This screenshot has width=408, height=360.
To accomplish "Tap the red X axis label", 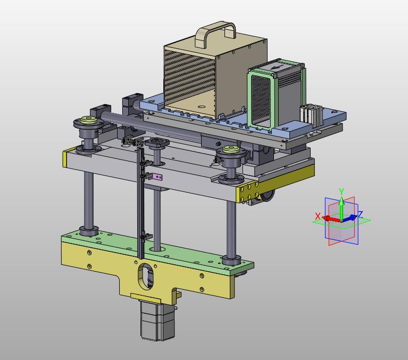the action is click(x=318, y=216).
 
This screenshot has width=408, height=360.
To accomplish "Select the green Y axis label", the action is click(x=342, y=192).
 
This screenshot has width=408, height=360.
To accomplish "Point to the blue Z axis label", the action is click(x=360, y=215).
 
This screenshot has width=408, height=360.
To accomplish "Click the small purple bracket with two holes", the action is click(x=157, y=177).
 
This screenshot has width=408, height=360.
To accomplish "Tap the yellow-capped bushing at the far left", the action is click(x=88, y=120).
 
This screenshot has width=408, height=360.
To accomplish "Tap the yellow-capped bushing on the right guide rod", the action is click(x=231, y=149).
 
